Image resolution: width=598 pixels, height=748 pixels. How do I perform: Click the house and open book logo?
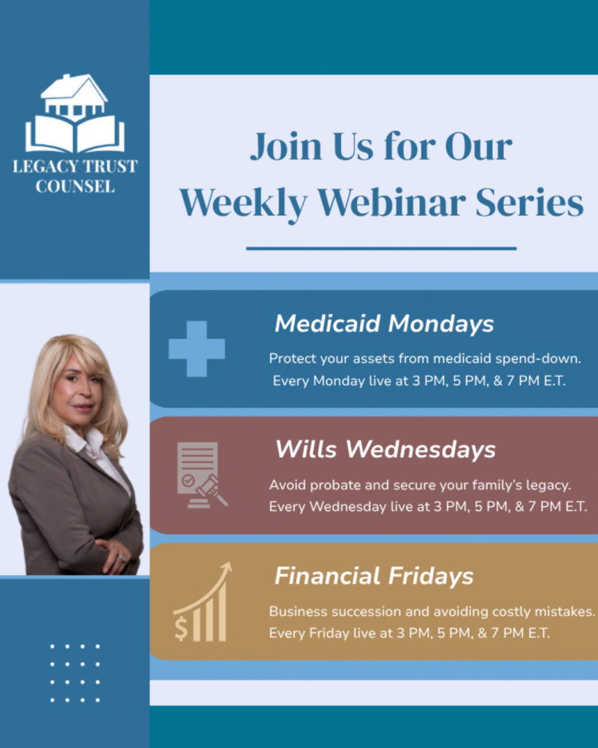[74, 113]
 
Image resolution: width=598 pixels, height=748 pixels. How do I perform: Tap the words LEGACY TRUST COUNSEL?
[74, 176]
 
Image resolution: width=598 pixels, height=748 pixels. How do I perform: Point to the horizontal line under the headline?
[381, 248]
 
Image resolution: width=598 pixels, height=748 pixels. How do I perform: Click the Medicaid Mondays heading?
[384, 324]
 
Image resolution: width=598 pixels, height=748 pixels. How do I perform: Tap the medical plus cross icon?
[196, 348]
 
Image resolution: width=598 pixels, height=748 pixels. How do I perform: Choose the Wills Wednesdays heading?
[385, 449]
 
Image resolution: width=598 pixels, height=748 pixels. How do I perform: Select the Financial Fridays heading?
[374, 576]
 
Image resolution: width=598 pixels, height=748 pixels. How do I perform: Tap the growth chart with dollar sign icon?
[202, 602]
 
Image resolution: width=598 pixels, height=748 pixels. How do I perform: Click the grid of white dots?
[74, 673]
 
